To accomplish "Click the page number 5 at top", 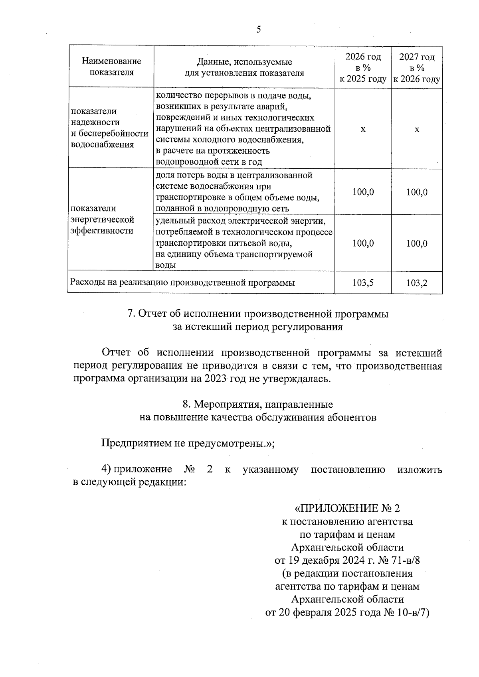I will [x=259, y=30].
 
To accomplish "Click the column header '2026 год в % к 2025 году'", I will [x=363, y=68].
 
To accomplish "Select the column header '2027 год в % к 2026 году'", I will [x=417, y=68].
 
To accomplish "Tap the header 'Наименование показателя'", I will [x=111, y=67].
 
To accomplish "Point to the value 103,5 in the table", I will [x=363, y=283].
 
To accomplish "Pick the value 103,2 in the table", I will [x=417, y=283].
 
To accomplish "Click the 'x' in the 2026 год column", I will [x=363, y=130].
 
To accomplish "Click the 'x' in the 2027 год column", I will [x=417, y=130].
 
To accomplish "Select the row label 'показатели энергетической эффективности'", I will [x=102, y=219].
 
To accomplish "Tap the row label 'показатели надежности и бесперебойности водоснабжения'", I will [x=109, y=128].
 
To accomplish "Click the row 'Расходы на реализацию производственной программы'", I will [x=182, y=283].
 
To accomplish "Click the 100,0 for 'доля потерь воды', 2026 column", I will [x=363, y=192].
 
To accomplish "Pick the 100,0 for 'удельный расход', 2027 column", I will [x=417, y=243].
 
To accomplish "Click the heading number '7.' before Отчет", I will [x=131, y=314].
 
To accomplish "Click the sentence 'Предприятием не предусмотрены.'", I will [x=187, y=443].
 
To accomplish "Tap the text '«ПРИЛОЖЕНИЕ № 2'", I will [x=347, y=508].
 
